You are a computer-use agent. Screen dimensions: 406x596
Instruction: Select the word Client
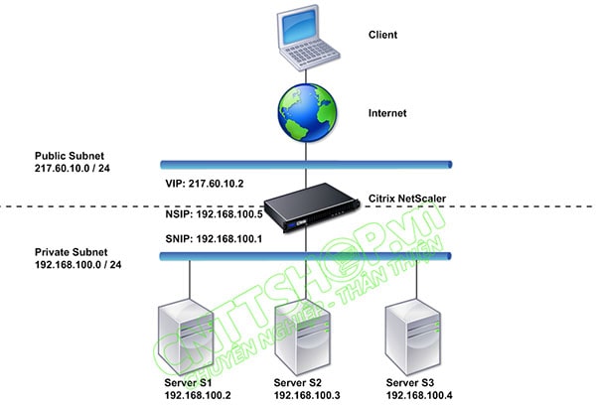(383, 35)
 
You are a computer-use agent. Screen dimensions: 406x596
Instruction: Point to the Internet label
(387, 114)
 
